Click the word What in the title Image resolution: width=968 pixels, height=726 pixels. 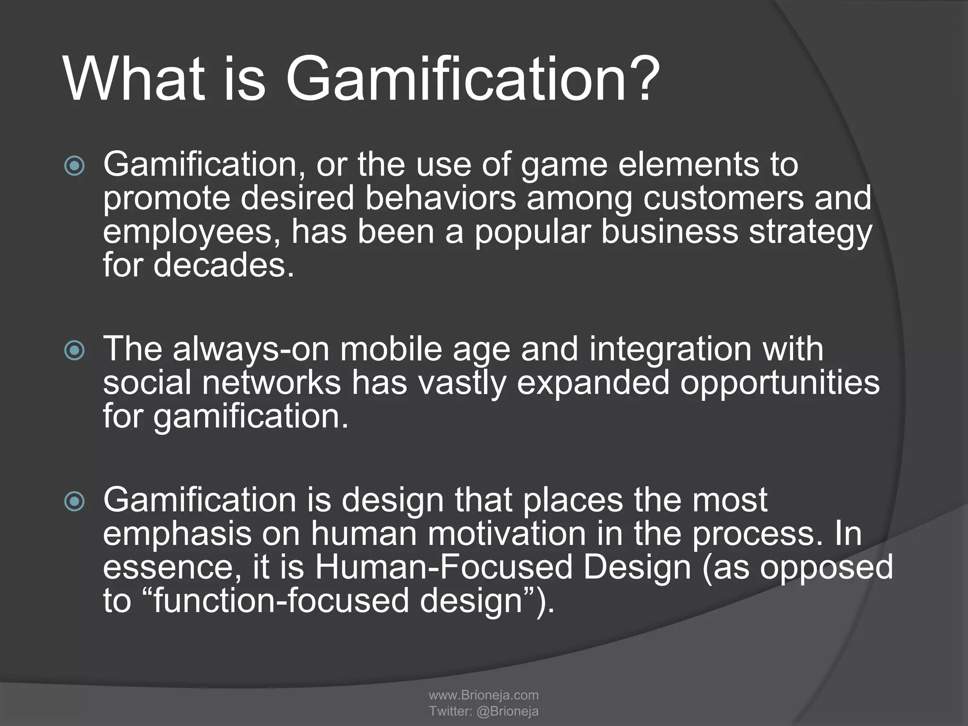click(x=135, y=78)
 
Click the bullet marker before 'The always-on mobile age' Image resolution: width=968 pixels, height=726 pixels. click(x=74, y=351)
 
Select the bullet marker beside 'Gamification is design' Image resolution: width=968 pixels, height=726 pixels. click(x=74, y=501)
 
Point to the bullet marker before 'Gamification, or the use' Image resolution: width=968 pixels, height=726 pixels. click(x=74, y=166)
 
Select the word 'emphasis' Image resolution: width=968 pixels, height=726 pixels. click(x=177, y=534)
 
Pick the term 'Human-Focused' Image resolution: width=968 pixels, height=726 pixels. click(x=444, y=567)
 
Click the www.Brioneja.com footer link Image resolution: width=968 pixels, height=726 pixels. click(x=484, y=695)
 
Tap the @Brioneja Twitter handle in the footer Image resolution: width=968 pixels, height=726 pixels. click(x=508, y=711)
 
